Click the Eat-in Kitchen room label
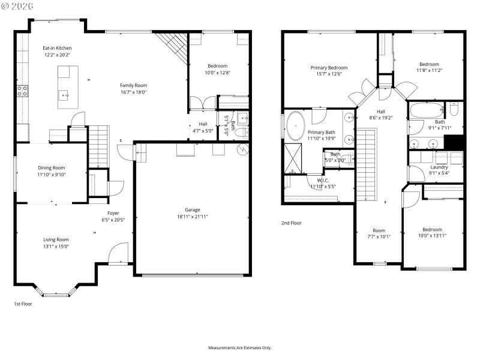(57, 48)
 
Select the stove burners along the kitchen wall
(22, 91)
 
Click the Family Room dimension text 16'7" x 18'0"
(133, 92)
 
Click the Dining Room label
(51, 168)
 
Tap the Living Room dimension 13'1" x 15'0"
(55, 246)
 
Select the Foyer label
(113, 213)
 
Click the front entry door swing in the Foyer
(118, 253)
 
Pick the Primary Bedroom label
(329, 68)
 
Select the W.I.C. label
(323, 180)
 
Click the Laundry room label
(439, 167)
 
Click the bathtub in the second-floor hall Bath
(427, 110)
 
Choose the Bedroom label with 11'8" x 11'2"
(429, 64)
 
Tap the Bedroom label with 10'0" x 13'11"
(432, 229)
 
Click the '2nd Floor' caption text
(292, 223)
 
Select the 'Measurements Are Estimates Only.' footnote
(240, 348)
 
